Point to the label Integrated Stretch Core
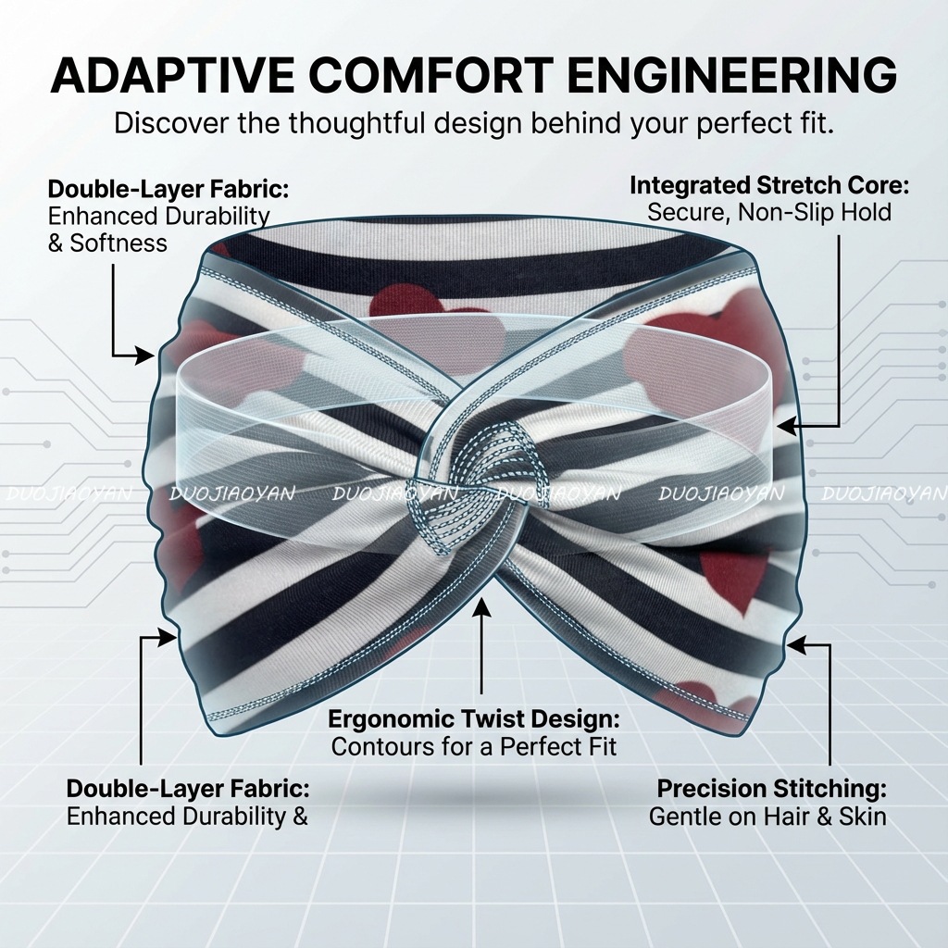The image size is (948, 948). (x=769, y=184)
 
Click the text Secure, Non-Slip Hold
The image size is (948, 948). (x=769, y=212)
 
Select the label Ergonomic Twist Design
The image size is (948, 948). (x=474, y=718)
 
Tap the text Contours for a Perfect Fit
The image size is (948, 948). (x=474, y=745)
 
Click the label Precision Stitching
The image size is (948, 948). (x=771, y=789)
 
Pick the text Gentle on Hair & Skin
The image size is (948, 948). (x=767, y=817)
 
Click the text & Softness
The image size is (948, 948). (x=106, y=243)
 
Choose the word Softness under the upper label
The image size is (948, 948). (x=118, y=243)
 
